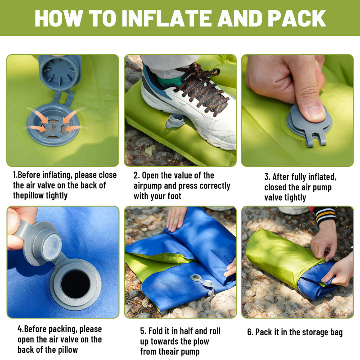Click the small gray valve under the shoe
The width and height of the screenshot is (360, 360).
(175, 121)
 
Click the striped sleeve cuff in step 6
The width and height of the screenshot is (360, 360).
(325, 215)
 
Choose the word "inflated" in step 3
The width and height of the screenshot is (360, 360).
(321, 177)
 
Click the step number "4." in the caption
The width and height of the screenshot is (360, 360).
(21, 329)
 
